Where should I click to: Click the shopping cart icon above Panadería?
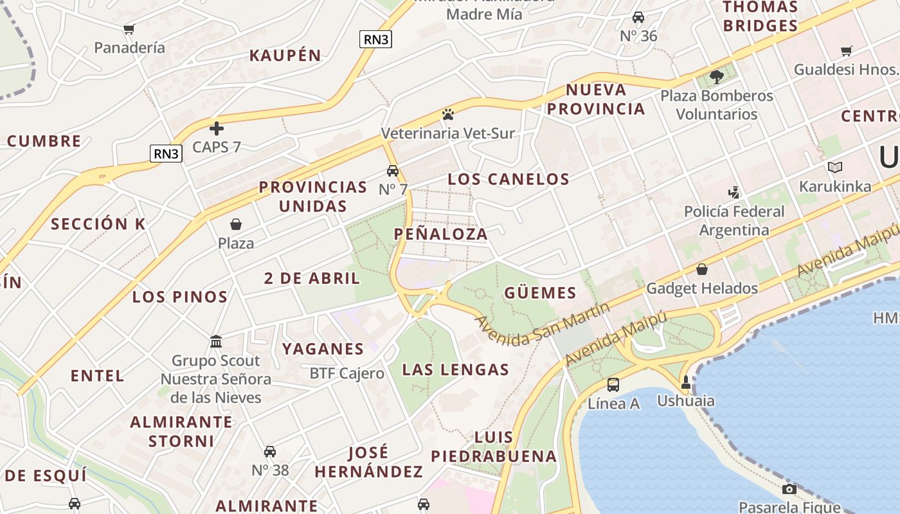pos(129,29)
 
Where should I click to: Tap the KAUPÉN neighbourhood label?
pos(285,55)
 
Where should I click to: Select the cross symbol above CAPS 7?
pos(217,128)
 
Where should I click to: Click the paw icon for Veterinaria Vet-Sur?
pos(448,114)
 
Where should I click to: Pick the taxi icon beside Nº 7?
pos(392,171)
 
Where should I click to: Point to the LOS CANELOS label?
pos(509,179)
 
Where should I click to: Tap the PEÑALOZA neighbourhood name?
pos(440,234)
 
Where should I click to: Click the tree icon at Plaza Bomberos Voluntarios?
pos(717,77)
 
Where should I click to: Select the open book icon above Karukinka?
pos(835,167)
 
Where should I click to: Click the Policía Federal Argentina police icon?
pos(733,192)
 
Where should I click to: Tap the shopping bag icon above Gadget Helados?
pos(702,269)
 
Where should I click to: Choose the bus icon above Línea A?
pos(613,385)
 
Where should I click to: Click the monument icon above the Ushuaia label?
pos(685,383)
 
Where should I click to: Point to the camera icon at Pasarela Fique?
pos(789,489)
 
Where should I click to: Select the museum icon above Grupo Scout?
pos(216,341)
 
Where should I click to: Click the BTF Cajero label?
pos(346,373)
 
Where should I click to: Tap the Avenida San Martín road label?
pos(542,324)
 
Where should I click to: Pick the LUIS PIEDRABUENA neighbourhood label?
pos(494,447)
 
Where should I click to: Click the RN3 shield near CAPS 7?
pos(166,154)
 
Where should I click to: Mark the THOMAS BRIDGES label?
pos(760,17)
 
